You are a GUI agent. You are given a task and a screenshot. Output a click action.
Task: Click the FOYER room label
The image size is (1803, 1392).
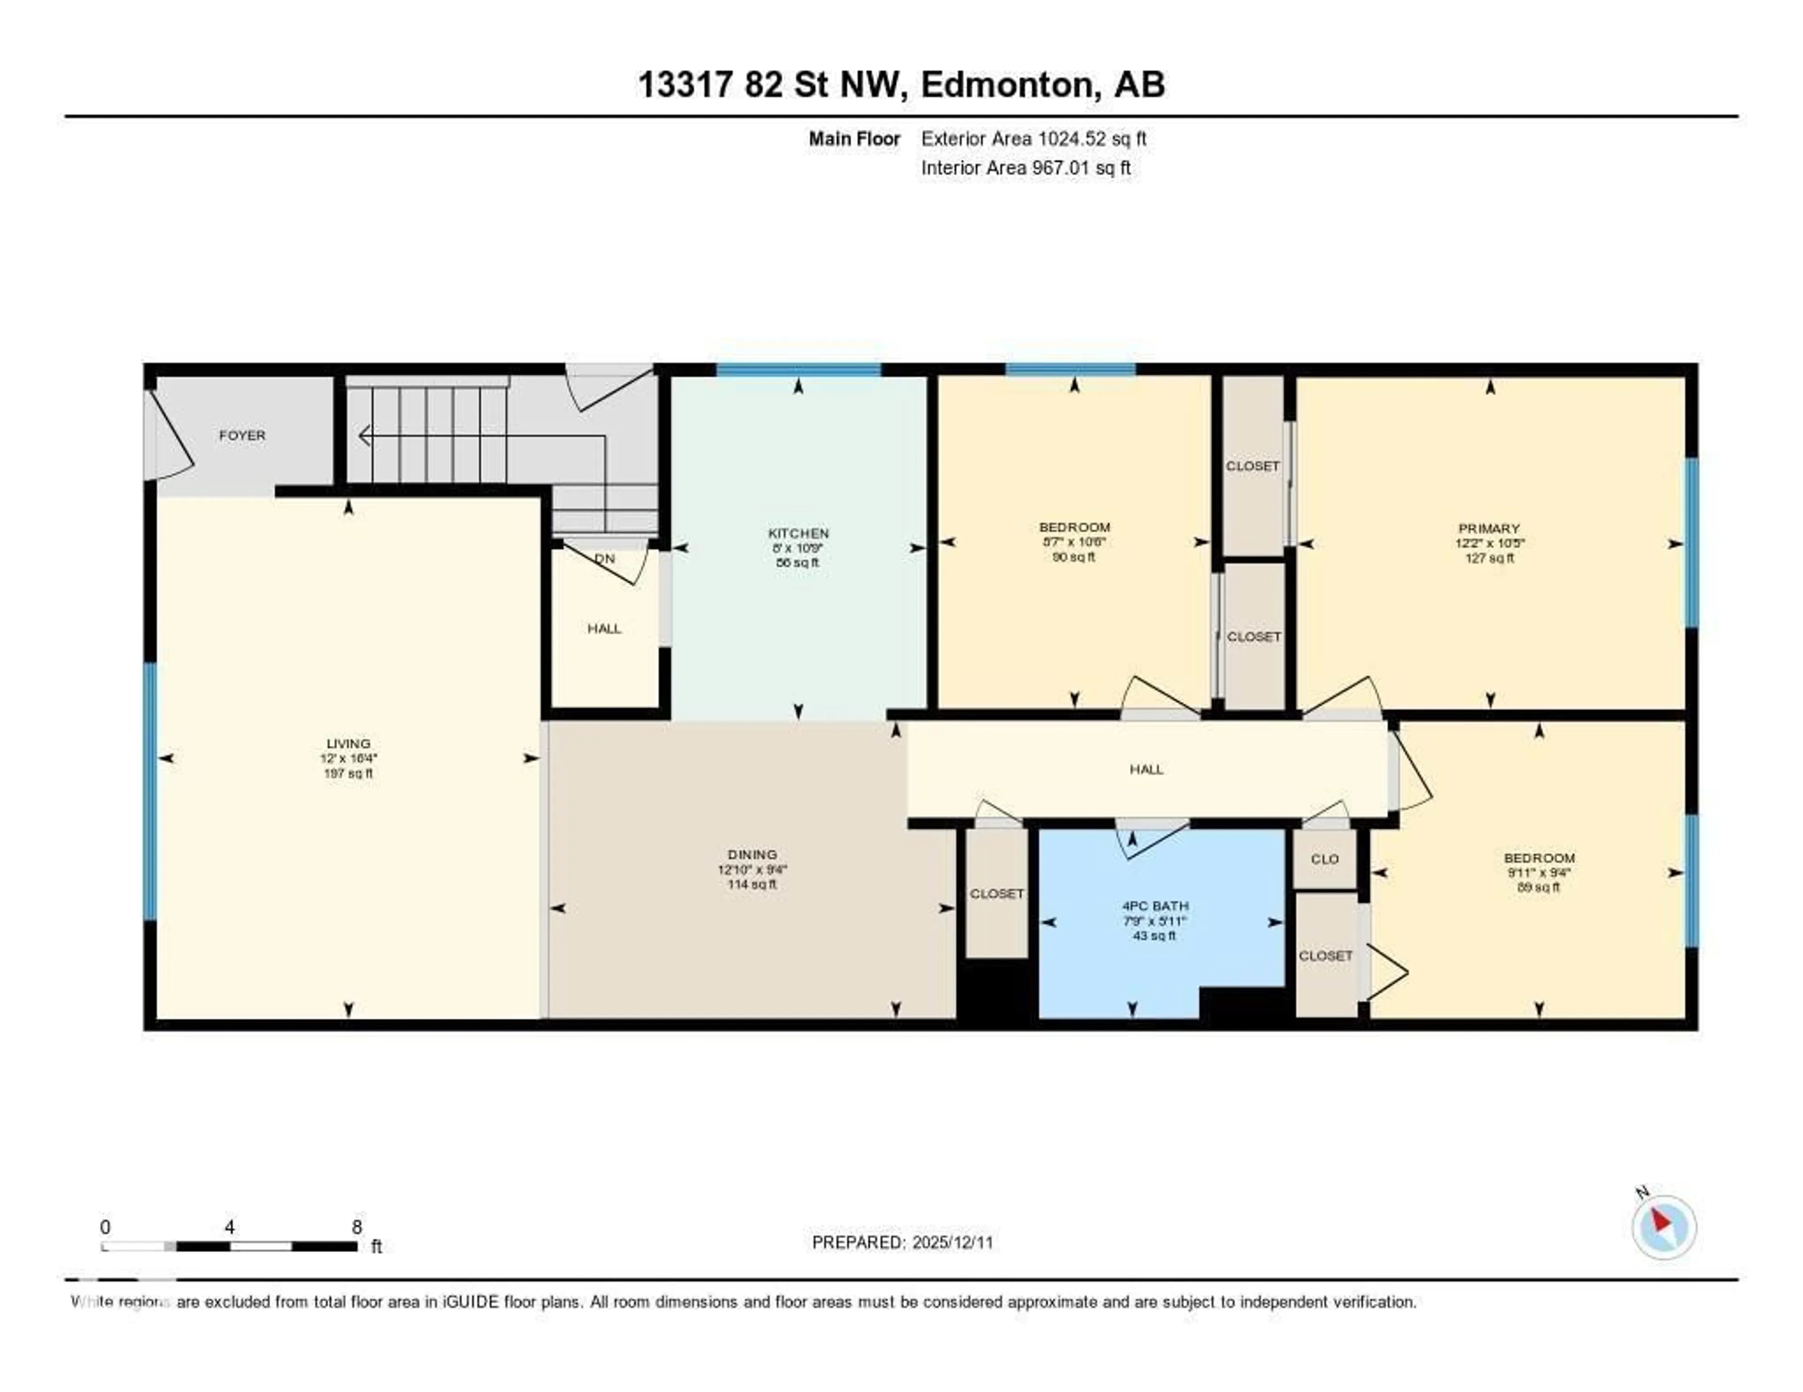point(242,435)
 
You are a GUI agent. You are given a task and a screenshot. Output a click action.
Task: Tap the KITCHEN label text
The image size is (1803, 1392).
point(797,533)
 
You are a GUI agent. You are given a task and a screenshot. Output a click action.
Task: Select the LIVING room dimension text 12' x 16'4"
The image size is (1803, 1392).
point(348,758)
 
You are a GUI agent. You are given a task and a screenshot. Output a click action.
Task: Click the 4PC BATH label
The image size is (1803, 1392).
point(1154,906)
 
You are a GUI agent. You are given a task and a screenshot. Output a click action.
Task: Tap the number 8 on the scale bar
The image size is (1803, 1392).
point(357,1227)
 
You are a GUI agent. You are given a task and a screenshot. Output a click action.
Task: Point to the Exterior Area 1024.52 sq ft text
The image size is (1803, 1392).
point(1033,138)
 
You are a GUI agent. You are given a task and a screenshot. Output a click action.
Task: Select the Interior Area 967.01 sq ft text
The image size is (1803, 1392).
point(1025,168)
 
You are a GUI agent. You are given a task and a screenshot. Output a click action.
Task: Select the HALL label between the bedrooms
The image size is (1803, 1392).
point(1146,769)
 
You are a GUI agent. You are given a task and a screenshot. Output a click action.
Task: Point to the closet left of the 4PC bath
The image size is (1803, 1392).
point(996,894)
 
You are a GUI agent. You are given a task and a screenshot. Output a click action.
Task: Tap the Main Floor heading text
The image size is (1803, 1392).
point(854,138)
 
